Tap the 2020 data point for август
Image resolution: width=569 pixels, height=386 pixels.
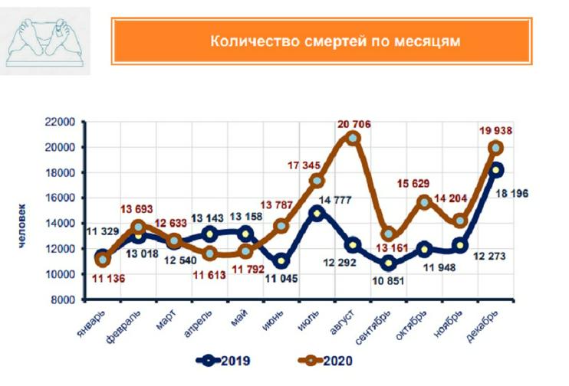point(353,138)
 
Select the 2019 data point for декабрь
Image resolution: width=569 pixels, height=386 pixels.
point(497,169)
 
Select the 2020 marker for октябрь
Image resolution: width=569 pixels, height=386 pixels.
point(425,202)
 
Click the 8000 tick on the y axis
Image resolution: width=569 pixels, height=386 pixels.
point(61,299)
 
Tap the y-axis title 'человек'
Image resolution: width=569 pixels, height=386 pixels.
point(23,224)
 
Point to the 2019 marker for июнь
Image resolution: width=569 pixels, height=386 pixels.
point(280,261)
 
